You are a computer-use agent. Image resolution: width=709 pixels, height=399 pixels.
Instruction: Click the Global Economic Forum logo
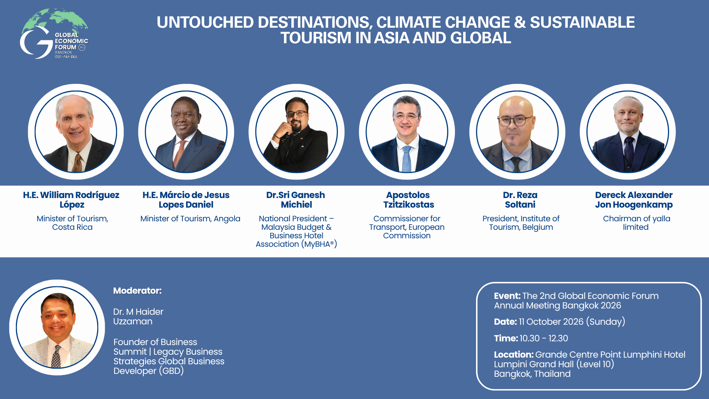click(x=54, y=34)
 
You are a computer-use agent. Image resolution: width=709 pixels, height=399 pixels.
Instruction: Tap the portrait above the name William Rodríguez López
click(x=76, y=132)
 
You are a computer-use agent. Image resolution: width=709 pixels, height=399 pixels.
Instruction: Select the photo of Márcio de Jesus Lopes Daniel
click(x=186, y=132)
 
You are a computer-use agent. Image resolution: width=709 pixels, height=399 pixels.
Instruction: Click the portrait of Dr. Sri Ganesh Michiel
click(x=297, y=132)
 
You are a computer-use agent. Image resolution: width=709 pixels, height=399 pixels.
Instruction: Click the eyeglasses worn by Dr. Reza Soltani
click(x=516, y=120)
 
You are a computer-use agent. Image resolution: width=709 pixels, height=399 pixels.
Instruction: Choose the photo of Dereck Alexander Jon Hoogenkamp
click(x=628, y=132)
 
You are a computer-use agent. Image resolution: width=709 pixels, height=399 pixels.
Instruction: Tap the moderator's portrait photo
click(x=57, y=327)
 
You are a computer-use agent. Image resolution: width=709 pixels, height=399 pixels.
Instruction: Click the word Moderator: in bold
click(x=137, y=291)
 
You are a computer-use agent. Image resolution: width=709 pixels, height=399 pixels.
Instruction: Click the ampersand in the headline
click(x=520, y=22)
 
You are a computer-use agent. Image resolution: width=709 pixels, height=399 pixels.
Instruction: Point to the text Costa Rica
click(x=72, y=227)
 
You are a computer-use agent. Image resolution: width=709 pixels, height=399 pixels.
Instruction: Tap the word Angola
click(x=227, y=219)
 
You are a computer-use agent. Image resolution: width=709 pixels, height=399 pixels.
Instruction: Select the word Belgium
click(x=538, y=227)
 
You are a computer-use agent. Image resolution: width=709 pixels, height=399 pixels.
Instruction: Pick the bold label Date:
click(x=505, y=322)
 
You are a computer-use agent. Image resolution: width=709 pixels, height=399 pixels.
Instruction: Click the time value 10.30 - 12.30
click(x=544, y=338)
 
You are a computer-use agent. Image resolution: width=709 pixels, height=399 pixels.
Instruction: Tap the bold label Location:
click(x=514, y=355)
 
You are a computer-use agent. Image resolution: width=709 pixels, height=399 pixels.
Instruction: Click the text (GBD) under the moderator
click(x=171, y=371)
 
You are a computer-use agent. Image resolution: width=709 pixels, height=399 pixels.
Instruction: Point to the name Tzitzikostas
click(x=409, y=205)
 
